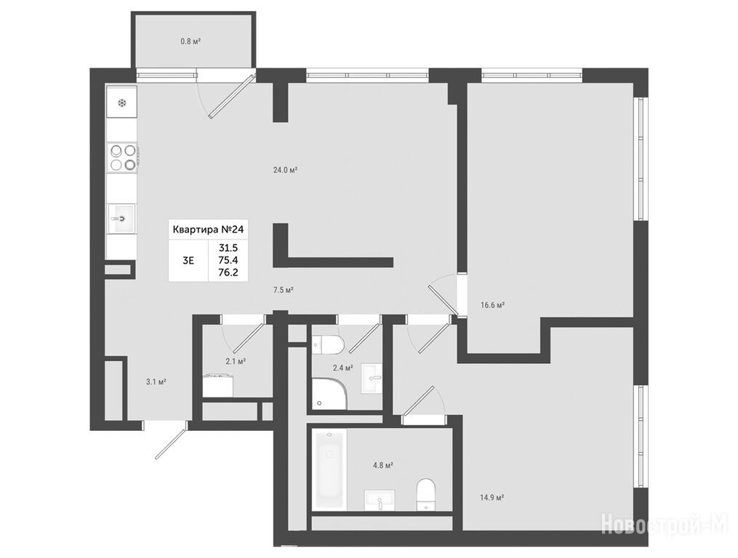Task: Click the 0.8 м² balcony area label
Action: [x=190, y=41]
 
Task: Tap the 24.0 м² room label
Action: [x=285, y=170]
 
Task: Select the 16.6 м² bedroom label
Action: [x=492, y=305]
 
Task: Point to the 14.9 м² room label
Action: [x=492, y=497]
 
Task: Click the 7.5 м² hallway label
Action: [x=284, y=290]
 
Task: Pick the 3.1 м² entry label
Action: [x=156, y=382]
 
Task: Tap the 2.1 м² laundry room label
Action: [x=236, y=361]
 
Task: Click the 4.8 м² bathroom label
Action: [x=383, y=465]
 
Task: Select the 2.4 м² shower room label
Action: [x=342, y=368]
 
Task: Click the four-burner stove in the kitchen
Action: [x=123, y=157]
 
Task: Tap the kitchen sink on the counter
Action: [x=121, y=218]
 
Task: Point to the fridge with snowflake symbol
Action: [x=121, y=102]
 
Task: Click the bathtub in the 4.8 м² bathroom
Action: [x=329, y=469]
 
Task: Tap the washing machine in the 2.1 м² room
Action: [x=218, y=385]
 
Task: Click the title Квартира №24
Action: [x=208, y=230]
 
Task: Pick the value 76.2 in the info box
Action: [x=228, y=272]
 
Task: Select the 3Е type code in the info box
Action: [x=188, y=260]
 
